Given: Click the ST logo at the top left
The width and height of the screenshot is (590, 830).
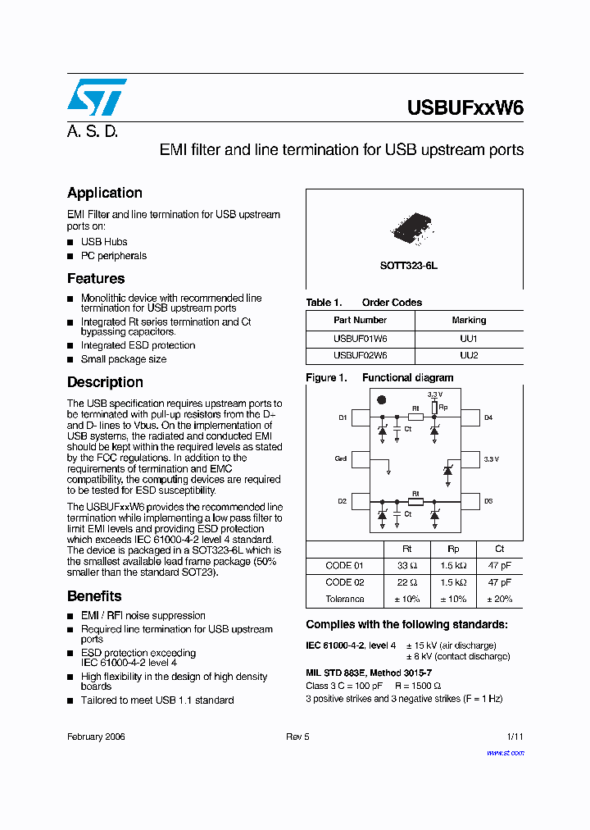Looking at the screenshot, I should click(97, 97).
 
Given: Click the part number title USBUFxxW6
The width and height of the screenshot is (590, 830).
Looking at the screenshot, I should click(465, 109).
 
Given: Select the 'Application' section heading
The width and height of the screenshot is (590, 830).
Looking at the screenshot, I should click(105, 193).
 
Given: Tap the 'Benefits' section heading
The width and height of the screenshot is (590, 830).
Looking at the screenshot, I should click(94, 596).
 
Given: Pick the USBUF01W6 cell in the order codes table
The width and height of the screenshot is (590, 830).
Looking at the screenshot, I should click(361, 338).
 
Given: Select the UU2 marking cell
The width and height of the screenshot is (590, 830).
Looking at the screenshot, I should click(469, 356).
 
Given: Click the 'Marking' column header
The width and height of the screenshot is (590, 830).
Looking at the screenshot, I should click(469, 320).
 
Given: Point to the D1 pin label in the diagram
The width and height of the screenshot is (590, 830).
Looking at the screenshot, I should click(343, 418).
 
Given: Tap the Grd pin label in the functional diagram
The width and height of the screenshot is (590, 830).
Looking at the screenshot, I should click(341, 459).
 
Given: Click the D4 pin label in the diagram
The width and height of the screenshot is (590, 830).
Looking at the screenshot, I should click(488, 418).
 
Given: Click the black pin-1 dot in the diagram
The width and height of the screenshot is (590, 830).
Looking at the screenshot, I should click(381, 399).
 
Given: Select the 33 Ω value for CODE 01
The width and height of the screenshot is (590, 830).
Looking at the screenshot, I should click(407, 566).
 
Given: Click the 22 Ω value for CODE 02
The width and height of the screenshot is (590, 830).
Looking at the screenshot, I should click(407, 582).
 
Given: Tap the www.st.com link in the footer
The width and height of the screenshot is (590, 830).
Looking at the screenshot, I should click(505, 752).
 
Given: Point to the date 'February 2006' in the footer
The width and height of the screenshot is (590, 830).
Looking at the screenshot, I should click(96, 737).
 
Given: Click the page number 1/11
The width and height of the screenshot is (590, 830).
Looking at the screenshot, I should click(515, 737).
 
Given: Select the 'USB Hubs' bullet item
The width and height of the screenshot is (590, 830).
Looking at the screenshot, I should click(103, 242).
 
